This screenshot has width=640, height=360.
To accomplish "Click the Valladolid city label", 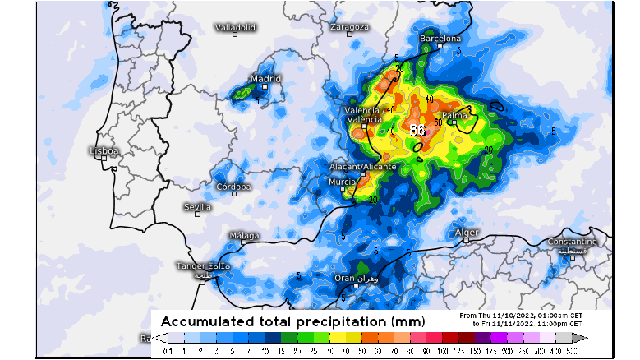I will click(236, 27).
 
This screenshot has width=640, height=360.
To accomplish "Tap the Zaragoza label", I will click(348, 26).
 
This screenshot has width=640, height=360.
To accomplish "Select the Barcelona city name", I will click(441, 38).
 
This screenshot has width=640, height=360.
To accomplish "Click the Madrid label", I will click(265, 79).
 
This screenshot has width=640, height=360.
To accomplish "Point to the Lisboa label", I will click(104, 151).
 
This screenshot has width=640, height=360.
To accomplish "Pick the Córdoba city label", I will click(233, 187).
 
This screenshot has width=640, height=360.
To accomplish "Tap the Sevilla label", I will click(197, 206).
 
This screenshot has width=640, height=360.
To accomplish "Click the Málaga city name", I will click(244, 236).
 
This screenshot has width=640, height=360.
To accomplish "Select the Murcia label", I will click(342, 182).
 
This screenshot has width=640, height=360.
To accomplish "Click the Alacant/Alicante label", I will click(362, 166).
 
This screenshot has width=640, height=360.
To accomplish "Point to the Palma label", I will click(454, 115).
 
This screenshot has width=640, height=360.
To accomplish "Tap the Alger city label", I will click(467, 233).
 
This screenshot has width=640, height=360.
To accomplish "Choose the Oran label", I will click(345, 278).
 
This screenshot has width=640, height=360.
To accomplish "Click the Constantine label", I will click(572, 242).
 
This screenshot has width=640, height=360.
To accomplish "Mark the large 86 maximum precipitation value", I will click(417, 130).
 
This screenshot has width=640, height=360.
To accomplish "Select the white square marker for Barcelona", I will click(441, 46).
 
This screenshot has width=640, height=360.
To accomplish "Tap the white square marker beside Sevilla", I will click(197, 214).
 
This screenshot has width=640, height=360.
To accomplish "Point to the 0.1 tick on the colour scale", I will click(168, 351).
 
